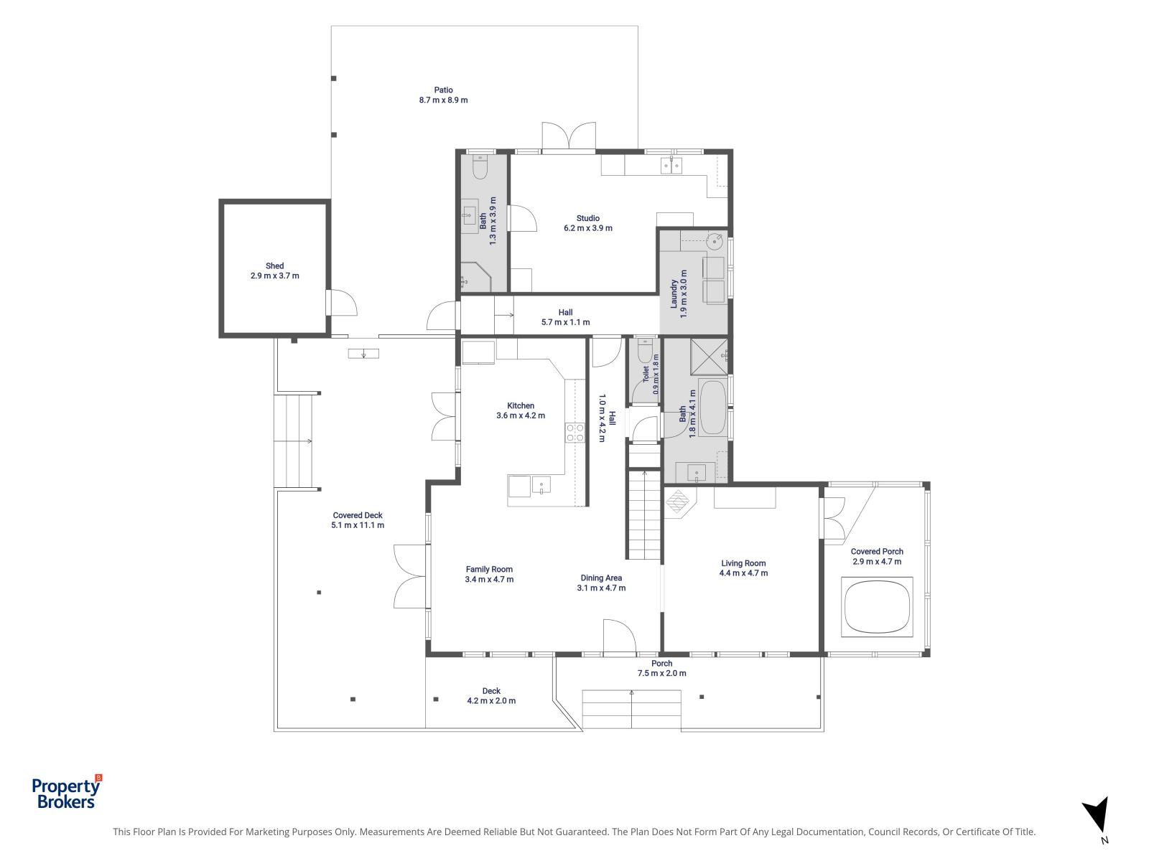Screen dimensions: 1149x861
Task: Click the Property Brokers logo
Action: (x=67, y=791)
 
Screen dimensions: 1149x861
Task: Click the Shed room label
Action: (x=274, y=265)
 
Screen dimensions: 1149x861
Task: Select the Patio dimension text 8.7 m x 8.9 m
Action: (x=443, y=100)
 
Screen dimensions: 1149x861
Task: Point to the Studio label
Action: (x=588, y=218)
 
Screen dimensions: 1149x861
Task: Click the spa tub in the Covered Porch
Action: (x=877, y=606)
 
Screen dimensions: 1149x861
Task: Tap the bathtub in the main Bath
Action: (x=713, y=408)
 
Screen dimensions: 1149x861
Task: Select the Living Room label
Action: (x=743, y=563)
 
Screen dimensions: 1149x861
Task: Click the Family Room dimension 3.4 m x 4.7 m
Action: (x=489, y=579)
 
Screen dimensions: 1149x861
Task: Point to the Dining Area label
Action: (x=601, y=578)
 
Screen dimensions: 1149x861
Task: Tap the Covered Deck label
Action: (x=358, y=515)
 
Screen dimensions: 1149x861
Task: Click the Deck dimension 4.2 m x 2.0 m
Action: (x=491, y=700)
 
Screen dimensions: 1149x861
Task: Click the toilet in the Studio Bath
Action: (x=480, y=166)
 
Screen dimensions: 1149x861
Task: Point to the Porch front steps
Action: (x=631, y=709)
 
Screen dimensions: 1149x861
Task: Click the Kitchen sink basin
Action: (x=541, y=484)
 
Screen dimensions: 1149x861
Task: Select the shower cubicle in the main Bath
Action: (x=708, y=357)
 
